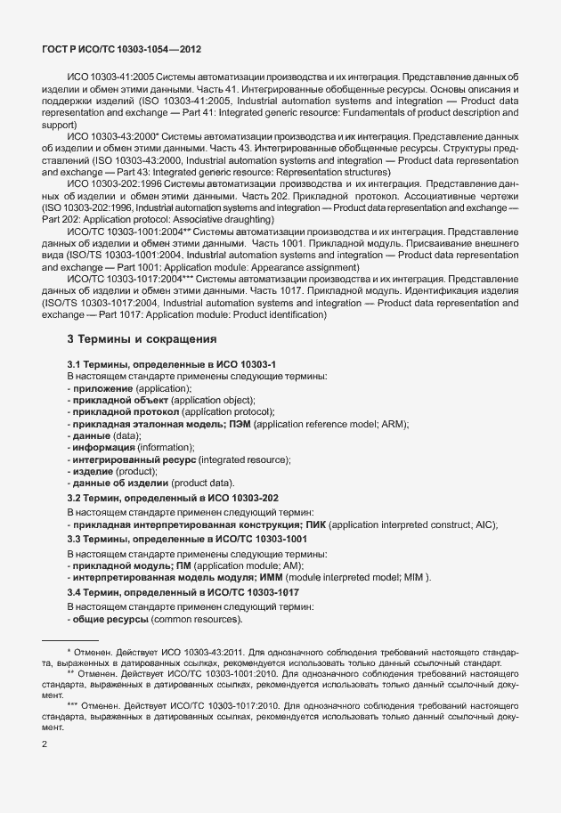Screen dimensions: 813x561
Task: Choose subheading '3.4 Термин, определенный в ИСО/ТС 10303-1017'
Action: (183, 592)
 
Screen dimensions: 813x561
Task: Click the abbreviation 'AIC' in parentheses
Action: (485, 524)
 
